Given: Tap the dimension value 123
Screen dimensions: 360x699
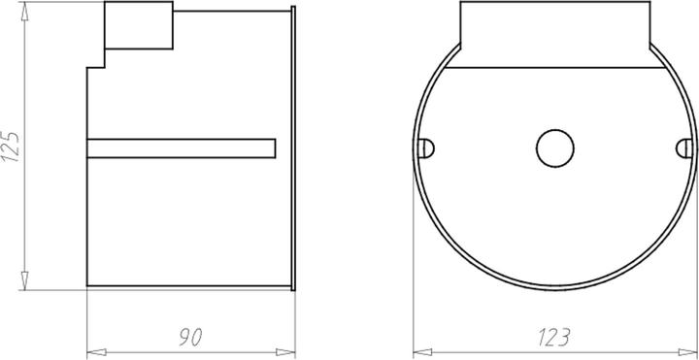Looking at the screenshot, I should [x=552, y=338].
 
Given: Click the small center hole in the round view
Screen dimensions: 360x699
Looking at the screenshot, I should [x=553, y=147].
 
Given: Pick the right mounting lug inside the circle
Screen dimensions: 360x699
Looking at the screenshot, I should [x=683, y=147].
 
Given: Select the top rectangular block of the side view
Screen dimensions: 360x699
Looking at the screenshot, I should [x=138, y=26].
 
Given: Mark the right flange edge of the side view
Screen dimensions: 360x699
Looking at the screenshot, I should [x=294, y=146].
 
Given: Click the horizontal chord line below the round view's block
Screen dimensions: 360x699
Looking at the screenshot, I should [x=553, y=69].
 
